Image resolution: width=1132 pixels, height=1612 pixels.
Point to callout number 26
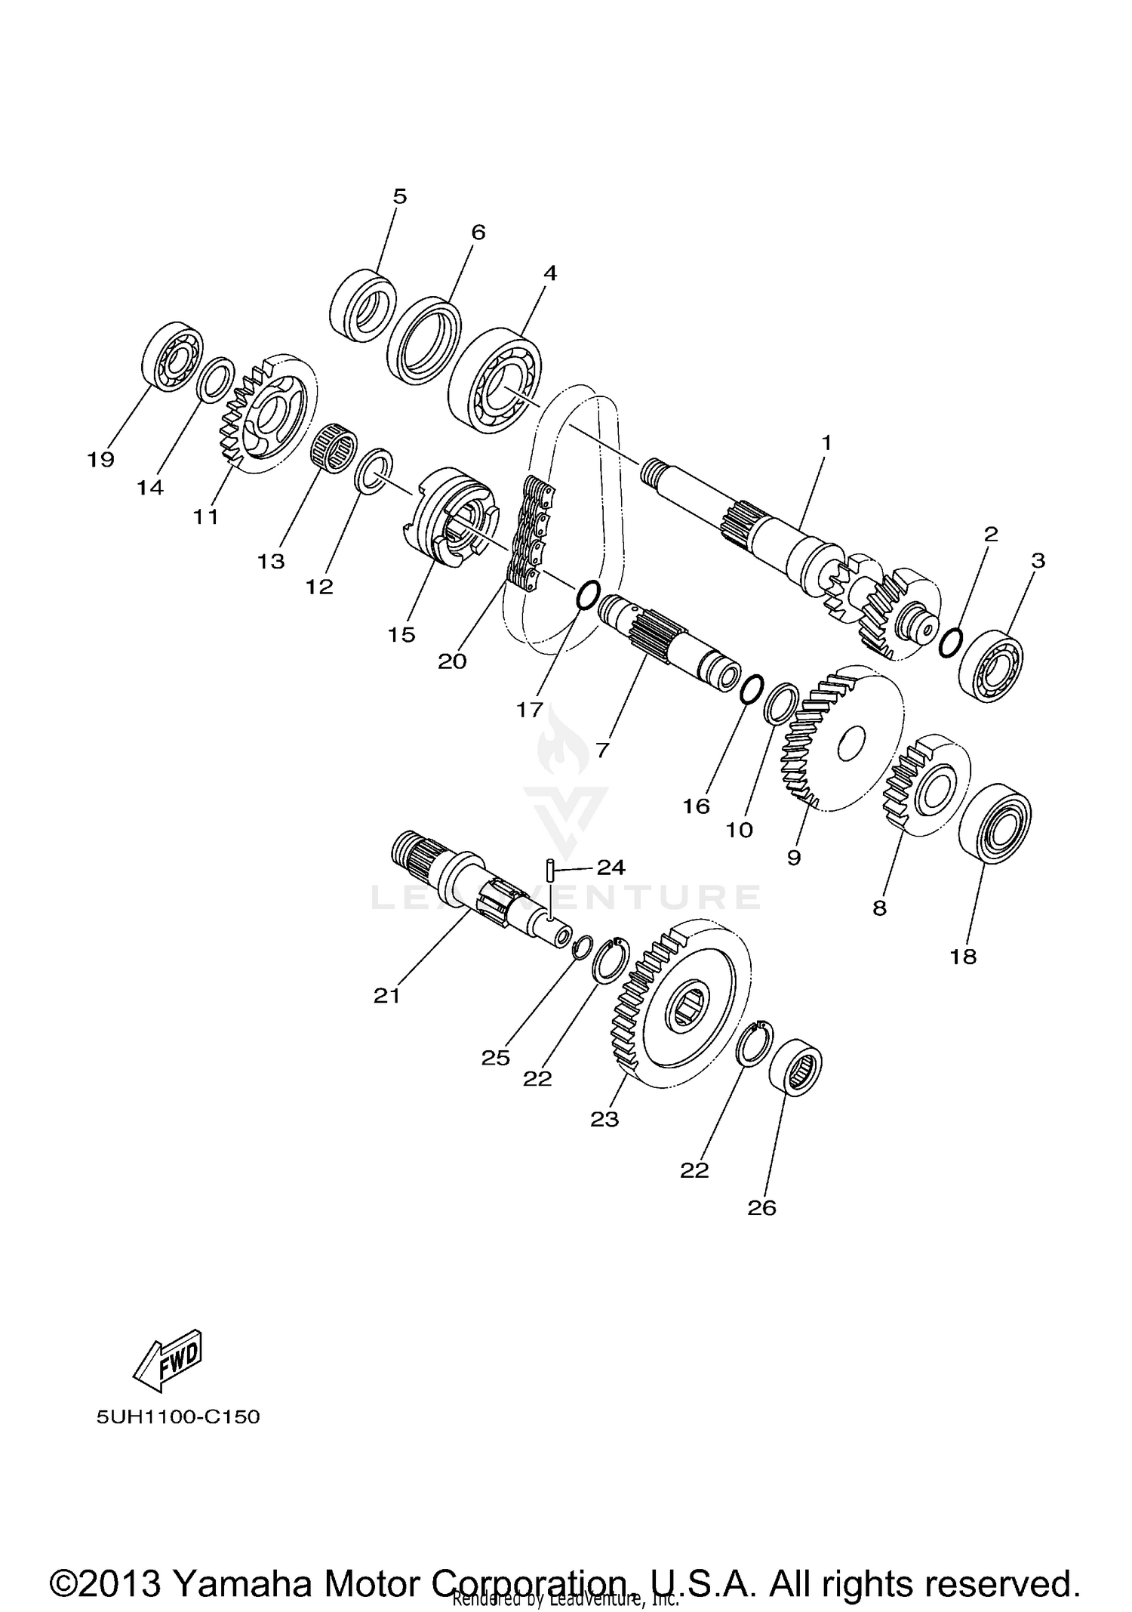(x=761, y=1207)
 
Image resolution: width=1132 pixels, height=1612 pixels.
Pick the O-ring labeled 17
(x=589, y=596)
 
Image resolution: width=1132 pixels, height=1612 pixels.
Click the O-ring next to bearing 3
(x=950, y=643)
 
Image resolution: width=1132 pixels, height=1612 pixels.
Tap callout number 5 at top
(x=400, y=196)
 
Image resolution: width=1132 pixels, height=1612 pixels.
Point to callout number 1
(x=826, y=442)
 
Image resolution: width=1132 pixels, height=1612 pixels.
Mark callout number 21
(x=386, y=996)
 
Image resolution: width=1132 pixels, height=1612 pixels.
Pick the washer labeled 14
(x=214, y=379)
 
